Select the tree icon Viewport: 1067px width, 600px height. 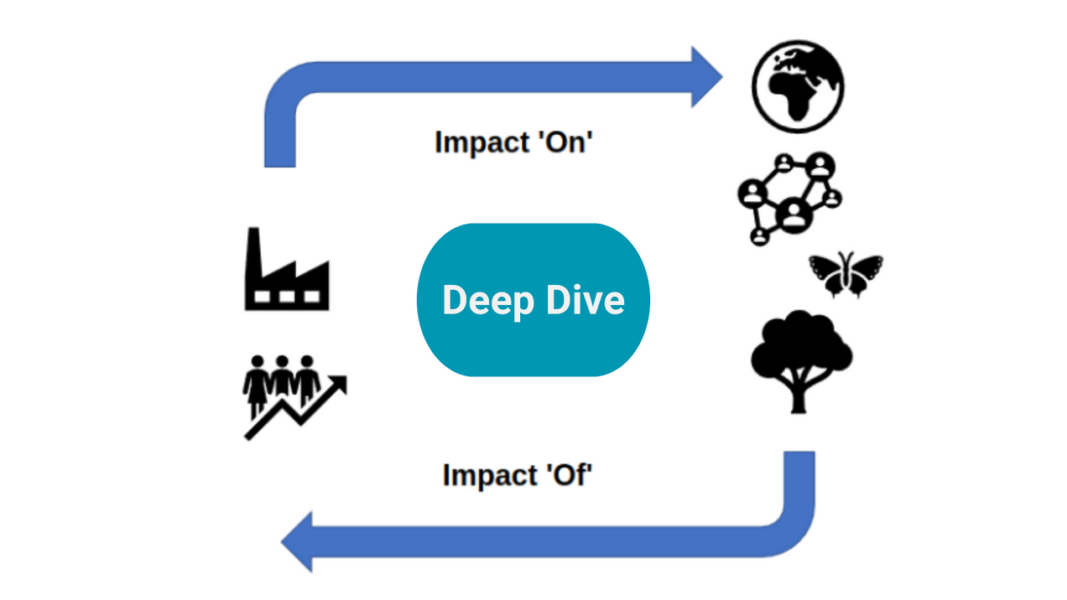click(x=800, y=360)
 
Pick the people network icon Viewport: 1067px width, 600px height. click(x=789, y=199)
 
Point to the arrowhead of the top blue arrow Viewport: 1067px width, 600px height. click(x=706, y=77)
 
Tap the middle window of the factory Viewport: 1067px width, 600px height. click(x=287, y=297)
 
